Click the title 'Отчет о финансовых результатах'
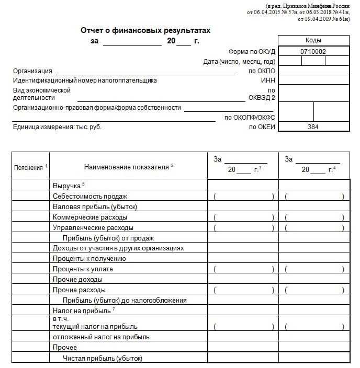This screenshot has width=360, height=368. (x=145, y=30)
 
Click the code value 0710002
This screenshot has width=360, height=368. (x=313, y=51)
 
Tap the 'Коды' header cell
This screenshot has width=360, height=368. (x=313, y=40)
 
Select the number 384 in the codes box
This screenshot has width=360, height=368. (x=313, y=126)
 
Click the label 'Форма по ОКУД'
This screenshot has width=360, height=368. (x=252, y=52)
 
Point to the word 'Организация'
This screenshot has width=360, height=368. (x=32, y=71)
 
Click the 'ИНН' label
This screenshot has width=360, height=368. (x=268, y=80)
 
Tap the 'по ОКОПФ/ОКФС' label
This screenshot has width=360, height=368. (x=250, y=118)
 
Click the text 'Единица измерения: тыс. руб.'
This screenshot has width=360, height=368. (x=57, y=127)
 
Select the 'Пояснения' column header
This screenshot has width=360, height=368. (x=29, y=167)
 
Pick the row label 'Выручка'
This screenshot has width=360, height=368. (x=66, y=186)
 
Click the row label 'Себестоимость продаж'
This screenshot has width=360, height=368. (x=90, y=196)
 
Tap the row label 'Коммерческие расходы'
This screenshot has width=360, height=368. (x=90, y=217)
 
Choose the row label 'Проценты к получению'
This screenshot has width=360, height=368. (x=89, y=258)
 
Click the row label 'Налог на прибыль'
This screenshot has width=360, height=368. (x=81, y=310)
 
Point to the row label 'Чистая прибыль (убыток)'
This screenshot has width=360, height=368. (x=103, y=358)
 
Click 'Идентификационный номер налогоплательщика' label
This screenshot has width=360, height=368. (x=85, y=80)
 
